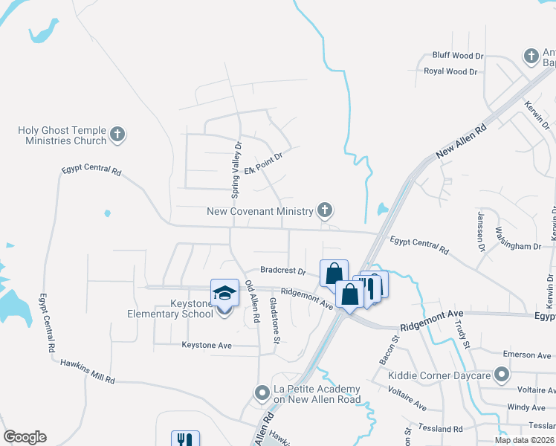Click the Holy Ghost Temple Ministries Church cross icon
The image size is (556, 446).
coord(117,135)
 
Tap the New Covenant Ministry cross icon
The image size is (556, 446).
coord(324,211)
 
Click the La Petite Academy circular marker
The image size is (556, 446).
coord(261,392)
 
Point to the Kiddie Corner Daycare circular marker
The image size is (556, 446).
coord(502,375)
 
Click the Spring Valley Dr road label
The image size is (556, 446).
coord(237,170)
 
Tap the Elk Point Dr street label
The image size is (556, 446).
coord(264,164)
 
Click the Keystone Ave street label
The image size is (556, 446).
coord(207,345)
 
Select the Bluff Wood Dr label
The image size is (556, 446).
coord(458,56)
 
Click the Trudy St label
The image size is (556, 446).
coord(465,335)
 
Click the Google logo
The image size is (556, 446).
coord(25,437)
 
